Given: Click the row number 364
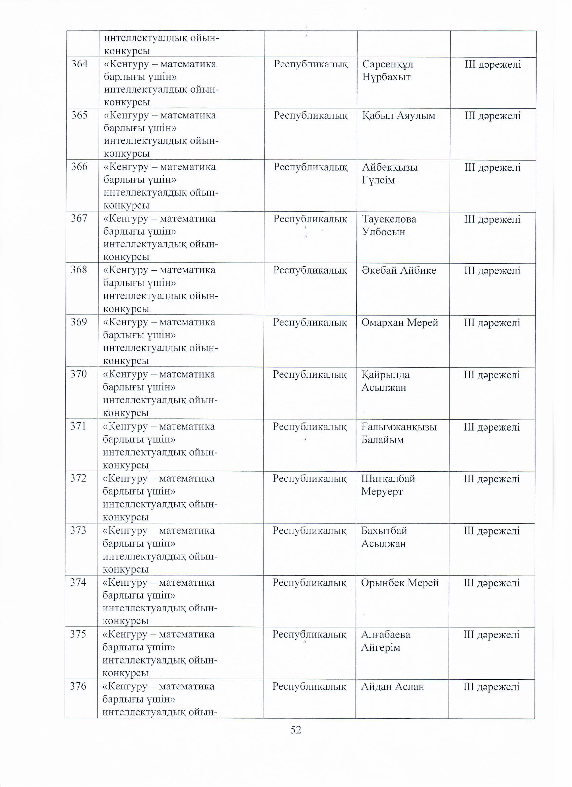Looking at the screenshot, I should click(x=79, y=64).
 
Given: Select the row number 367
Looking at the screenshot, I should click(x=79, y=219).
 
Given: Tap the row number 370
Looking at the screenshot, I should click(x=79, y=374).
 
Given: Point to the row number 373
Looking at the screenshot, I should click(x=78, y=531).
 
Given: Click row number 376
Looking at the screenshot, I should click(x=78, y=686).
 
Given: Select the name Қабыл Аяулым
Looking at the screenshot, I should click(x=399, y=115).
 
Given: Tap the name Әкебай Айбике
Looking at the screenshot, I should click(x=399, y=271).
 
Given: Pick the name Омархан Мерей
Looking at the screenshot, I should click(x=400, y=323).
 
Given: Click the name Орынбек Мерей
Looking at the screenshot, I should click(x=400, y=583).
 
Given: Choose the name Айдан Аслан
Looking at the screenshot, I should click(x=392, y=687).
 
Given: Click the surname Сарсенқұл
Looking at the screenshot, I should click(x=388, y=64).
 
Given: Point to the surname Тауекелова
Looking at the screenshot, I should click(x=389, y=219).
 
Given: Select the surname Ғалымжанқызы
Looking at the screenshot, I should click(x=399, y=427).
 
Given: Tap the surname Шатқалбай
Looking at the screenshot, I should click(x=388, y=479).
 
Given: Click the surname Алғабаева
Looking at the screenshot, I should click(x=385, y=635).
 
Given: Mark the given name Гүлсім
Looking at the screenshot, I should click(x=379, y=180).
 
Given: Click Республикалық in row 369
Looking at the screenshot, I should click(x=310, y=322).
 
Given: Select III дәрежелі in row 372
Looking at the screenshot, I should click(x=492, y=479).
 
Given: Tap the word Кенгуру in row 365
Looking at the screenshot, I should click(x=128, y=115).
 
